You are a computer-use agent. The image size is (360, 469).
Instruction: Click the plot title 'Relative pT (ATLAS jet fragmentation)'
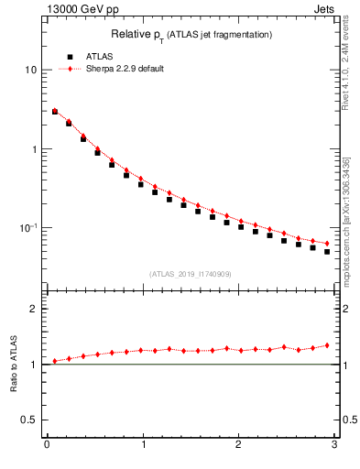pos(191,34)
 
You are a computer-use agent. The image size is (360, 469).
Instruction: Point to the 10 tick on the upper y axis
pos(31,71)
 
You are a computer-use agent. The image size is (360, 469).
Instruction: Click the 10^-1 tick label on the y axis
pos(27,228)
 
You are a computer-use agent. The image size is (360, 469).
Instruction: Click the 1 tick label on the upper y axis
pos(34,149)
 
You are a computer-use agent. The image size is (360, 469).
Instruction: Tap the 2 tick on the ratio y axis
pos(34,309)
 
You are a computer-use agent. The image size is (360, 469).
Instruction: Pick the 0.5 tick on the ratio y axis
pos(29,420)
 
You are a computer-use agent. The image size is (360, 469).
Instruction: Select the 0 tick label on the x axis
pos(47,445)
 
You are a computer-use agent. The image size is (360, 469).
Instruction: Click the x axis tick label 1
pos(142,445)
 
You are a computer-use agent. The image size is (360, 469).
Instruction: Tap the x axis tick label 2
pos(238,445)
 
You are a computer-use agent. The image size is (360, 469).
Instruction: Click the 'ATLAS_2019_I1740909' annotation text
pos(190,274)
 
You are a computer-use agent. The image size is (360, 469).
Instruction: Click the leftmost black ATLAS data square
pos(55,112)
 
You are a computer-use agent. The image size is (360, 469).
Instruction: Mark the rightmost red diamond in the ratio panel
pos(327,345)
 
